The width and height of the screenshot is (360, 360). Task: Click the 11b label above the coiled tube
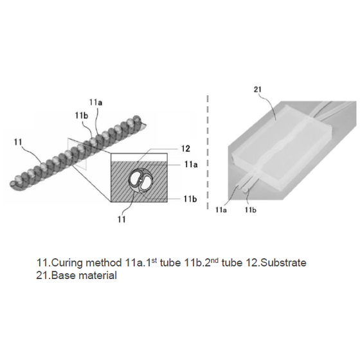82,116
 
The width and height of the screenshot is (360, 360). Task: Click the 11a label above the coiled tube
96,102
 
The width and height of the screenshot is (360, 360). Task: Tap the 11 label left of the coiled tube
18,142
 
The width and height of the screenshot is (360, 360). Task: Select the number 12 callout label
186,148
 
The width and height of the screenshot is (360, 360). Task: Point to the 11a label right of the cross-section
191,165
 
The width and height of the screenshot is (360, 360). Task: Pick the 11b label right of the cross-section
190,199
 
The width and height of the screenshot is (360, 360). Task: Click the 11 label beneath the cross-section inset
122,219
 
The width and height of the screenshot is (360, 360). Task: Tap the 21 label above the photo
258,89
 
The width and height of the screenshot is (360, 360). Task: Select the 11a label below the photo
221,210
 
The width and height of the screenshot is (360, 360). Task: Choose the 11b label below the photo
251,210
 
